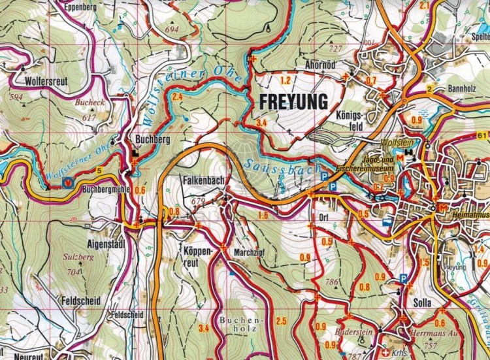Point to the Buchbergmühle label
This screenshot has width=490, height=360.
tap(106, 189)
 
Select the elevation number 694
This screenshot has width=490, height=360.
tap(172, 30)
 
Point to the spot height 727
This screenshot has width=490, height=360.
tap(336, 49)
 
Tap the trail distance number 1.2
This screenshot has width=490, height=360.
tap(284, 80)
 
